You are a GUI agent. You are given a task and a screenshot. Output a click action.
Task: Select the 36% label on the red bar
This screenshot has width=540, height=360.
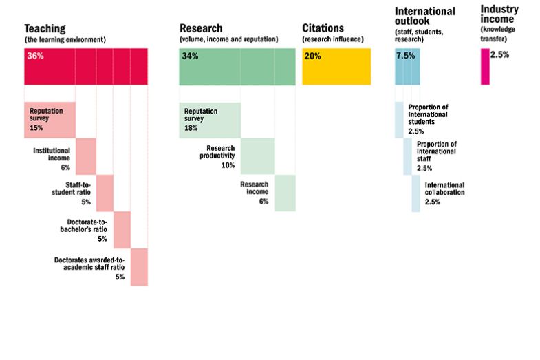tap(35, 56)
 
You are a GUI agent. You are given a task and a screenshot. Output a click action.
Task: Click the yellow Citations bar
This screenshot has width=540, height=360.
tap(337, 67)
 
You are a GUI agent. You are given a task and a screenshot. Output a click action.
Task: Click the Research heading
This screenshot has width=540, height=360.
tap(201, 29)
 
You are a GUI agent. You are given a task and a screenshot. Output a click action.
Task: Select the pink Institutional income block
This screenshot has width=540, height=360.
tap(86, 156)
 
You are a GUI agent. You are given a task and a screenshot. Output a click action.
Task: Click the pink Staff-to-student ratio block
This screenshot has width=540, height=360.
tap(105, 193)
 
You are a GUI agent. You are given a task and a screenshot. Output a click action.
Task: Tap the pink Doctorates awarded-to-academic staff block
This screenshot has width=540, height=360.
tap(139, 266)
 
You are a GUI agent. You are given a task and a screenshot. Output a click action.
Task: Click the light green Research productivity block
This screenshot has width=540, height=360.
tap(257, 156)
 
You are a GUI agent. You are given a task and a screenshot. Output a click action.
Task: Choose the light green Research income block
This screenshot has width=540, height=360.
tap(285, 193)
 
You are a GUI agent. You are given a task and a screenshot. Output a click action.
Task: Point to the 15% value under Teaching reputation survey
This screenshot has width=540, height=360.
tap(36, 128)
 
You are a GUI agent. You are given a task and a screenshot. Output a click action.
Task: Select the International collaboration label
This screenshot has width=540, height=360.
tap(444, 189)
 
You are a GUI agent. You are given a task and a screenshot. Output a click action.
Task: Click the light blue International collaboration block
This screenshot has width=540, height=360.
tap(415, 193)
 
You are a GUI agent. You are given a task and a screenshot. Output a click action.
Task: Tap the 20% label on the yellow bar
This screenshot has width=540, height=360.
tap(312, 56)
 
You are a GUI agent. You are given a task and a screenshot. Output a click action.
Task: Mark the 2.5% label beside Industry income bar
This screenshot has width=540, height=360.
tap(499, 55)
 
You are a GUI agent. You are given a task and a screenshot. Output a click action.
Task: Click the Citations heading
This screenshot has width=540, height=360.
tap(323, 29)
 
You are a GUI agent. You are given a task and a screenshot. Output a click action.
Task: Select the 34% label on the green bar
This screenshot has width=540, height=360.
tap(190, 56)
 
